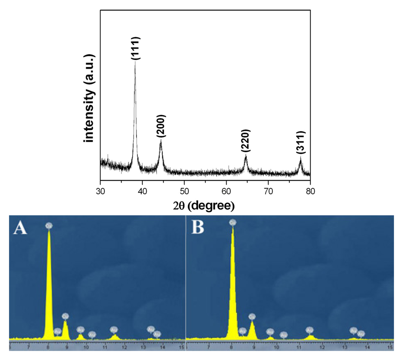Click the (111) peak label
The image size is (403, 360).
tap(135, 48)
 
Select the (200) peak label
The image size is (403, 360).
tap(161, 126)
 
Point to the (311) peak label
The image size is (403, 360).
tap(301, 143)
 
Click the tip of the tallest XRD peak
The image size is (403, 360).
tap(135, 62)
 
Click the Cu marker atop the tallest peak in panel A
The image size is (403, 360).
tap(49, 226)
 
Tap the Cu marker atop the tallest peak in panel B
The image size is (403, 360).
tap(233, 223)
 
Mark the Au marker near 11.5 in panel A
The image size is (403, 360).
tap(114, 329)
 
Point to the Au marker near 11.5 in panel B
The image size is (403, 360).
tap(309, 330)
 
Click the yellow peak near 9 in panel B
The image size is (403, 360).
tap(252, 329)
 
